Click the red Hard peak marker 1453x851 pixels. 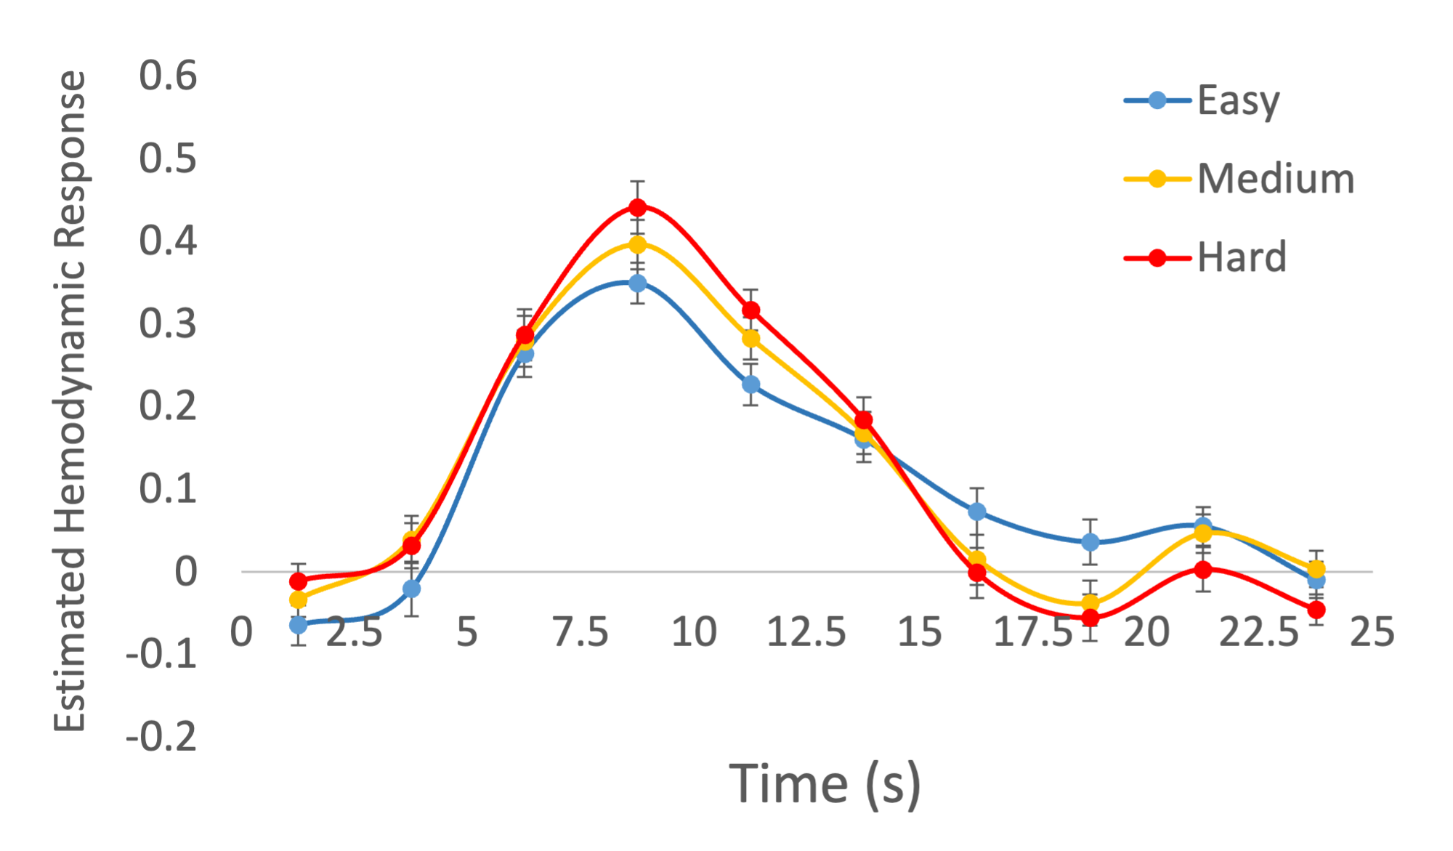click(637, 208)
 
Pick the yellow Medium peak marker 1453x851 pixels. click(637, 244)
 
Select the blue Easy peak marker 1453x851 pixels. click(637, 283)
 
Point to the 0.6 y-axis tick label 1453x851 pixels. click(168, 76)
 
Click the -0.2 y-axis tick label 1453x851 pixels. click(161, 737)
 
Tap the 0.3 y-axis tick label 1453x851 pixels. click(168, 323)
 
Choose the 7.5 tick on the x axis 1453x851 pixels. click(580, 632)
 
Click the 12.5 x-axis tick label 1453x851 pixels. click(806, 632)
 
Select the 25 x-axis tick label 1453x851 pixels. click(1372, 632)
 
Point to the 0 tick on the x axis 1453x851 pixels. click(241, 632)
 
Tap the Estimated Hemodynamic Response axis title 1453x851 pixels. click(70, 401)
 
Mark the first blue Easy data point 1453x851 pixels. click(298, 624)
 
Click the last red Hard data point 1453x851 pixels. click(1316, 610)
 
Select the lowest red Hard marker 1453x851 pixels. click(1090, 618)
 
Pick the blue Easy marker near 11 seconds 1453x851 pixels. click(750, 384)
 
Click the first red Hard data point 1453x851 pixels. click(298, 581)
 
